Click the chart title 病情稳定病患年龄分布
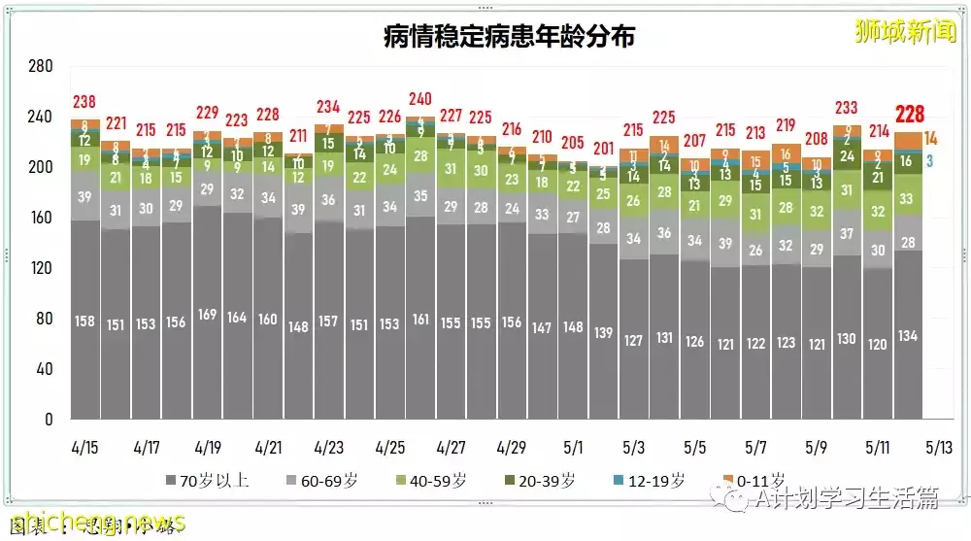(509, 37)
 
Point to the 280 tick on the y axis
(40, 66)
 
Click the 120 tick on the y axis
(40, 268)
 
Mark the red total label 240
(420, 99)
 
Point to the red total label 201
(603, 148)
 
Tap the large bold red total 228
(910, 114)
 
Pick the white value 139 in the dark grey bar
(603, 332)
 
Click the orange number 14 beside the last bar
(930, 138)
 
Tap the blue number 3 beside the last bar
(929, 161)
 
